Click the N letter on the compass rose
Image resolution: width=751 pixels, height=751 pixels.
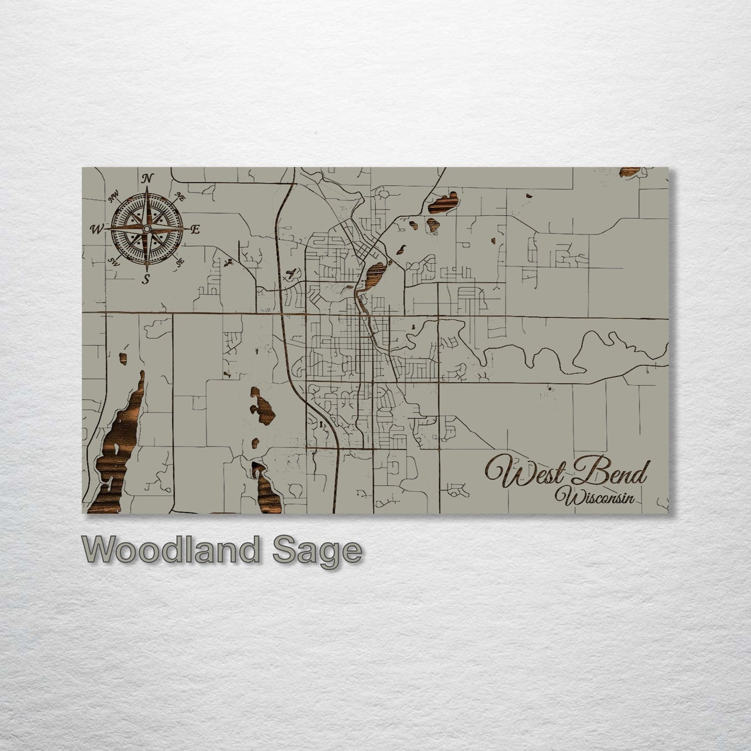click(148, 179)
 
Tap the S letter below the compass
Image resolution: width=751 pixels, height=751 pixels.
click(147, 279)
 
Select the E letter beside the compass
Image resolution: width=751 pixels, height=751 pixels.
click(195, 230)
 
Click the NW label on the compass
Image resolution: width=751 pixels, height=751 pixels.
click(113, 197)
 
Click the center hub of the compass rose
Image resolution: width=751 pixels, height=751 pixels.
click(147, 229)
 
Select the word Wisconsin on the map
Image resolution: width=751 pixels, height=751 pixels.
click(595, 497)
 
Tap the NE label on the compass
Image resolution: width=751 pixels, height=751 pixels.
click(181, 196)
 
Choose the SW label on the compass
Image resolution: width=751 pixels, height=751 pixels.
click(114, 261)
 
